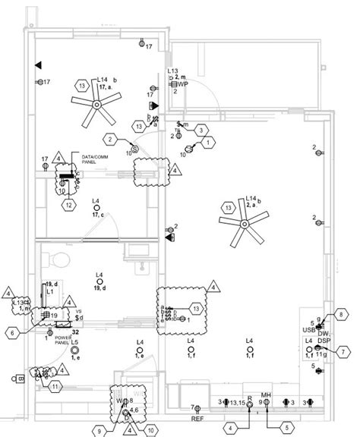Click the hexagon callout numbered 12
(x=68, y=204)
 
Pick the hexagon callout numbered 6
(x=14, y=332)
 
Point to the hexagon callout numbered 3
(x=200, y=131)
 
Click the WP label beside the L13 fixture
(x=183, y=84)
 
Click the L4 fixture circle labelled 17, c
(x=96, y=208)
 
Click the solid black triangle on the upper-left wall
(x=37, y=67)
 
